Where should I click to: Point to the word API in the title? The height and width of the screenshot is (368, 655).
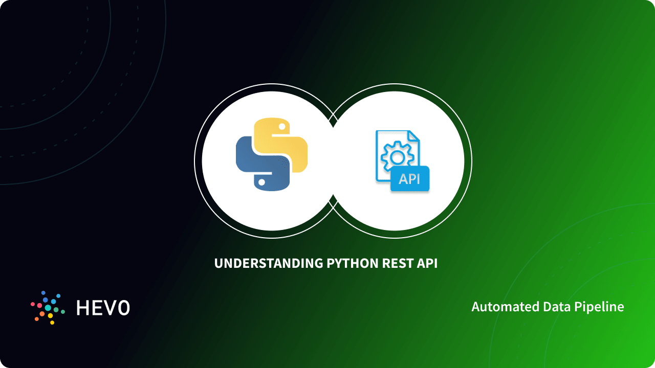[427, 264]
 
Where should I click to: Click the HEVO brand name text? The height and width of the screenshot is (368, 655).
[103, 308]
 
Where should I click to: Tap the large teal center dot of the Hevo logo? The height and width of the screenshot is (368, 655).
[48, 308]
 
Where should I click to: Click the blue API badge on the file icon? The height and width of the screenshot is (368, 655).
[409, 179]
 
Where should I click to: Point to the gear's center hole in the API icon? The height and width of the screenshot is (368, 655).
[395, 155]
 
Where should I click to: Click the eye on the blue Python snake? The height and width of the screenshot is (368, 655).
[261, 181]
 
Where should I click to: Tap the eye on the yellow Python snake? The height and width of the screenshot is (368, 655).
[281, 125]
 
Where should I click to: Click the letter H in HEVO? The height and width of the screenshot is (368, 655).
[82, 308]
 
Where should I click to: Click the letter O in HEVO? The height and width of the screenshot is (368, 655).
[123, 308]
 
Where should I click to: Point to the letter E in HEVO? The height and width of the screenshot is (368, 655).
[97, 308]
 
